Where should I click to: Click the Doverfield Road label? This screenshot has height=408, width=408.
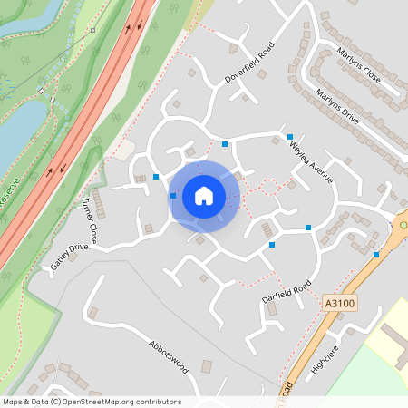(248, 63)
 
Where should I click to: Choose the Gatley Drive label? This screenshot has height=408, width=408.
(69, 257)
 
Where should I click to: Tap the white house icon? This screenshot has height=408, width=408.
(204, 196)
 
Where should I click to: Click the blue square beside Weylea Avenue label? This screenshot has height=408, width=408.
(290, 137)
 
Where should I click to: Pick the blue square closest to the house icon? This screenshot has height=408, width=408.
(173, 196)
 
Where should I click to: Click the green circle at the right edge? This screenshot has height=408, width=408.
(403, 224)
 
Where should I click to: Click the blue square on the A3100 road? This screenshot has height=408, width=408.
(376, 255)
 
